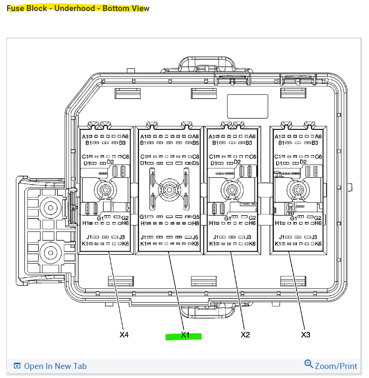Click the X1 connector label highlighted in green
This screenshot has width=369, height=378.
[184, 335]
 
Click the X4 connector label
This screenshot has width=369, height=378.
[124, 335]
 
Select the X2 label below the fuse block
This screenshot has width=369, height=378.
[245, 335]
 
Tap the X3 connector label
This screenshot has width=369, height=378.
[306, 335]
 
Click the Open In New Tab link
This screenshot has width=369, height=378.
[55, 366]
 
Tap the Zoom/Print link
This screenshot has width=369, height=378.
[336, 366]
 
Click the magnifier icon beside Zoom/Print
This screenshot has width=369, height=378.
[309, 364]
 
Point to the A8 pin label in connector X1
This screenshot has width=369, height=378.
[196, 136]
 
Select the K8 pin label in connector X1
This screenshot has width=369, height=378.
[196, 244]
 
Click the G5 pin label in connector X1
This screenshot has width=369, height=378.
[196, 217]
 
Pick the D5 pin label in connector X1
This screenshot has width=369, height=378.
[196, 163]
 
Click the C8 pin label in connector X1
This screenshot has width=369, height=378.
[196, 157]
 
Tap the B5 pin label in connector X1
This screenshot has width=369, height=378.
[196, 143]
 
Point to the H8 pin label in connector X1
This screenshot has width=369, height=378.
[196, 223]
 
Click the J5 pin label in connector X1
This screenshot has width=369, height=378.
[195, 237]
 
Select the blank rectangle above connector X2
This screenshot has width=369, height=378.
[247, 106]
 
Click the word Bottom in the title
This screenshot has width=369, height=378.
[115, 9]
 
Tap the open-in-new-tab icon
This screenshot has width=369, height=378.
[17, 366]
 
